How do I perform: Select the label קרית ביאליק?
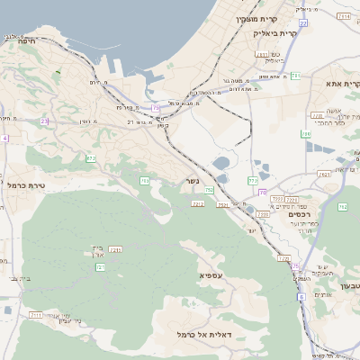tap(274, 32)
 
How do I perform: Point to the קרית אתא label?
tap(343, 85)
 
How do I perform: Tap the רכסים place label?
tap(299, 214)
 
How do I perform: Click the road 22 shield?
tap(303, 23)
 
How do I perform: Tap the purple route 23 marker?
tap(44, 120)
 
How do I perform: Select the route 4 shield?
tap(4, 138)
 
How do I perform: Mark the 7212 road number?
tap(198, 204)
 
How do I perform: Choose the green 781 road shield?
tap(295, 76)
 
